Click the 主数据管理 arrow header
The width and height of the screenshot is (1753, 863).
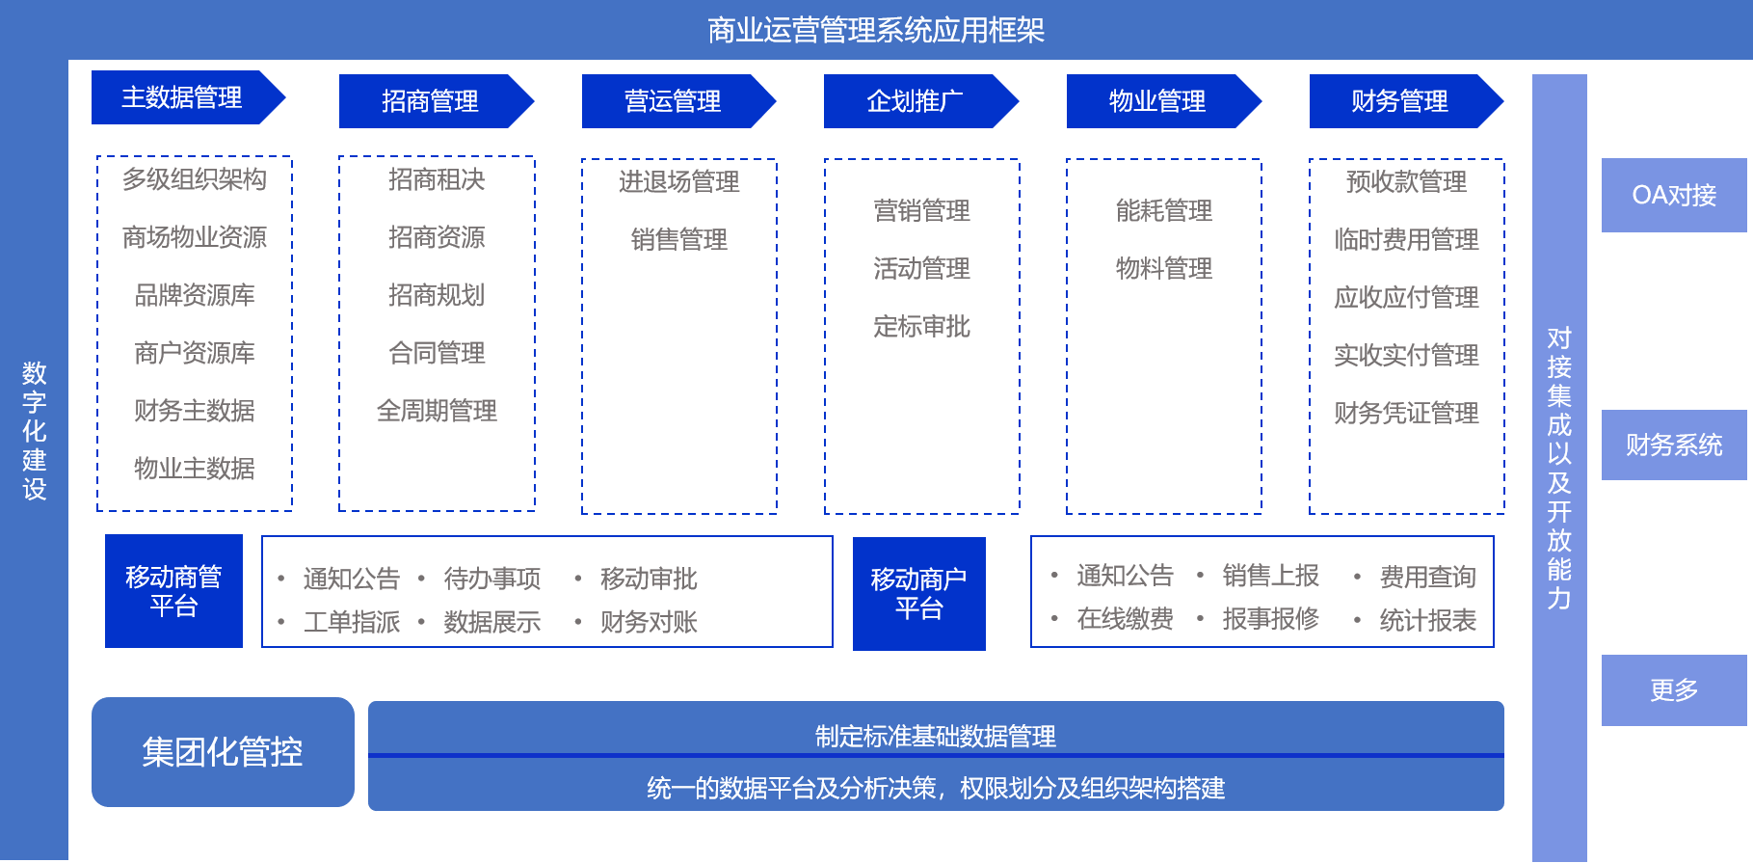click(x=182, y=97)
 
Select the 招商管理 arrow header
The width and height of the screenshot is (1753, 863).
click(x=431, y=101)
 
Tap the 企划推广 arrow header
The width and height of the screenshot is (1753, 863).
click(x=916, y=101)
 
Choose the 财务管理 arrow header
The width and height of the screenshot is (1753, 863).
click(x=1400, y=101)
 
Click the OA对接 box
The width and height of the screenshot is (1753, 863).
click(x=1674, y=195)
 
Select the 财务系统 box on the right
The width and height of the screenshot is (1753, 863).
click(x=1674, y=445)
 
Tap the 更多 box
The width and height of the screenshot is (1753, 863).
click(x=1674, y=690)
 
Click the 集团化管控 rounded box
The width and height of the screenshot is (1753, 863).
click(x=223, y=752)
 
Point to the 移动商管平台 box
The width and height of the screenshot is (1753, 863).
click(x=173, y=591)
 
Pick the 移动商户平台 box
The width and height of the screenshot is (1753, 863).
click(x=918, y=594)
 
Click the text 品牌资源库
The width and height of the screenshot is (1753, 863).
click(x=195, y=295)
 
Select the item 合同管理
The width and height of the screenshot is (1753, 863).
click(x=437, y=353)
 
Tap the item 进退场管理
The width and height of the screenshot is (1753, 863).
click(x=679, y=181)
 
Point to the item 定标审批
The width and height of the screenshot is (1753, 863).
click(x=921, y=327)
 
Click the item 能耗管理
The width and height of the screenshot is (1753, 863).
click(x=1164, y=210)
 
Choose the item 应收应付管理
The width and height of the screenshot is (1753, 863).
click(x=1406, y=297)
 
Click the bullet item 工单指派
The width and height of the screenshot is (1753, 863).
click(x=352, y=622)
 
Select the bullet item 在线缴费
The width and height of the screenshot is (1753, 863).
click(x=1125, y=619)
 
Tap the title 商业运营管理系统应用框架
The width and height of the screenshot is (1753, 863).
click(x=876, y=30)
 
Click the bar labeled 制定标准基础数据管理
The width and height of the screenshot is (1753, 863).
click(x=936, y=736)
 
